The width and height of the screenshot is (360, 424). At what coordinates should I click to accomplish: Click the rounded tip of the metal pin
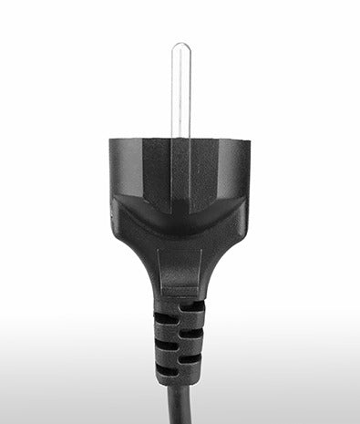point(180,47)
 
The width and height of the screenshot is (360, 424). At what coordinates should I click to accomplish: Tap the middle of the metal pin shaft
point(180,91)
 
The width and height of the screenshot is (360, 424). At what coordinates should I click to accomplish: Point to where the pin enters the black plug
point(180,137)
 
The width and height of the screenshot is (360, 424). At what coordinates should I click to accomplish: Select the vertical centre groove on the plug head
point(180,173)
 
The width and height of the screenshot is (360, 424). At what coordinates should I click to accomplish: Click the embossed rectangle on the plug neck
point(180,274)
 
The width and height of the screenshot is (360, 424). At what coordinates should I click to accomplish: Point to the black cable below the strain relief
point(180,406)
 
